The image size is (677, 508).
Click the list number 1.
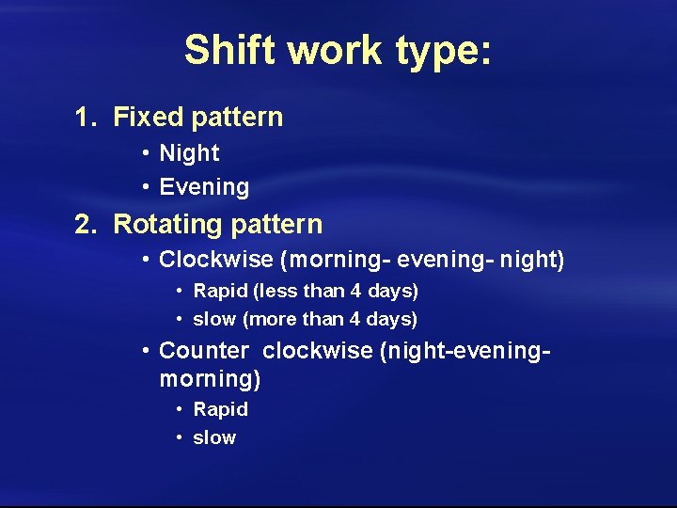coord(85,118)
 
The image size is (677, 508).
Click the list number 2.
coord(85,225)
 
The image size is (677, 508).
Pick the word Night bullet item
coord(189,153)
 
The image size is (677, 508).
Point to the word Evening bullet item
coord(204,187)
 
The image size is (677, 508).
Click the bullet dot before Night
coord(147,153)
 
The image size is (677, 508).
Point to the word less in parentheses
coord(279,292)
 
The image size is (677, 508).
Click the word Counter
coord(204,351)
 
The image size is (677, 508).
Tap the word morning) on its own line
coord(210,379)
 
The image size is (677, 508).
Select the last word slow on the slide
coord(214,437)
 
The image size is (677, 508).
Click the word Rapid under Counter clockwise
coord(221,409)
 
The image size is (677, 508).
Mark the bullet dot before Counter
coord(147,351)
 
